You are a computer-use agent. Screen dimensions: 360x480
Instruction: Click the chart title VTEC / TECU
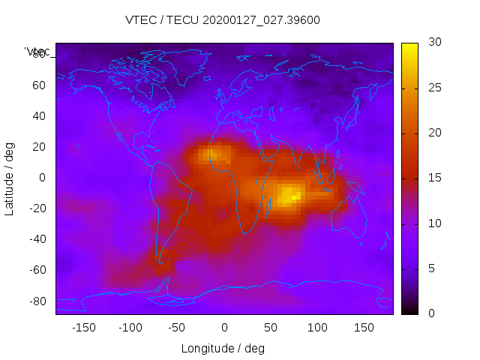coord(222,20)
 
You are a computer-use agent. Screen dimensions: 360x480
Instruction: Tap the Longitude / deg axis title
coord(223,349)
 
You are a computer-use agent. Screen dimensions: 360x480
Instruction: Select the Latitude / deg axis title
coord(10,178)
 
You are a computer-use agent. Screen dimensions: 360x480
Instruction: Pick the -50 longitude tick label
coord(177,328)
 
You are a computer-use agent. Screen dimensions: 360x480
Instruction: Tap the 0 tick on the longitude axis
coord(224,328)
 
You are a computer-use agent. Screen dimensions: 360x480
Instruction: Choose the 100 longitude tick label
coord(317,328)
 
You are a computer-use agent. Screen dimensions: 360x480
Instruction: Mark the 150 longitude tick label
coord(364,328)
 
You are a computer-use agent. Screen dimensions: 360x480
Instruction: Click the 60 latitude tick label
coord(39,85)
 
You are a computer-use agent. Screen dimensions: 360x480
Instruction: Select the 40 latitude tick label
coord(39,115)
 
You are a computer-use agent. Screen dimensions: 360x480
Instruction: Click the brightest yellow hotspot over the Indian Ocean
coord(289,196)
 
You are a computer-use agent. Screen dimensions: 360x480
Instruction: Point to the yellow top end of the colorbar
coord(409,49)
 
